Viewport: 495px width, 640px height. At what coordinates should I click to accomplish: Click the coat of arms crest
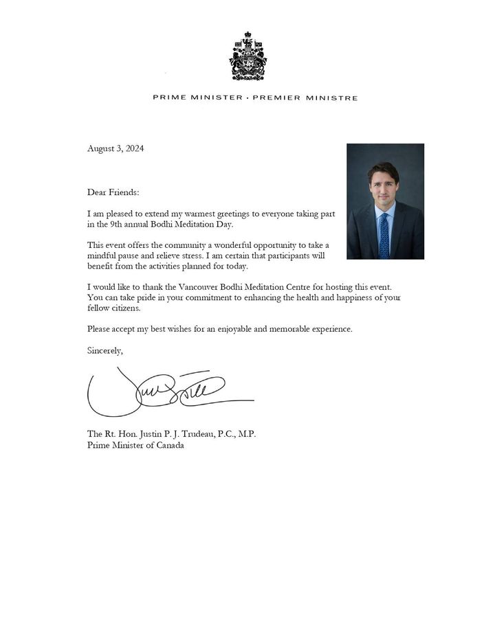[247, 56]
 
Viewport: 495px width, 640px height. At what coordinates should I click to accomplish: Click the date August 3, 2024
[115, 149]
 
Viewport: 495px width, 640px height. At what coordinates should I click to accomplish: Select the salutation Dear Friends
[113, 192]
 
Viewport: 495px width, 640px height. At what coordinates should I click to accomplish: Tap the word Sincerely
[105, 350]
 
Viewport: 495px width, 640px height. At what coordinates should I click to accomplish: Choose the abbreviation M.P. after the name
[245, 434]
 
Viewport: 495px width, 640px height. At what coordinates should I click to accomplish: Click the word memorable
[291, 329]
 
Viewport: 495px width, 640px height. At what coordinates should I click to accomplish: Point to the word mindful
[102, 255]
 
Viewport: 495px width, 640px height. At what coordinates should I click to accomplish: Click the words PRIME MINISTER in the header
[197, 98]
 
